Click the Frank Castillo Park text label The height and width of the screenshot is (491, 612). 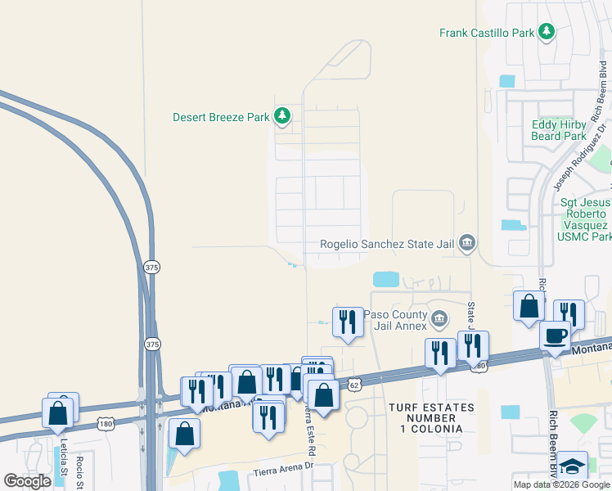(486, 34)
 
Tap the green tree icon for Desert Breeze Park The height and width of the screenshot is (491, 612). (282, 116)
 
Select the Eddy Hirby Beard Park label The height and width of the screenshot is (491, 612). (559, 130)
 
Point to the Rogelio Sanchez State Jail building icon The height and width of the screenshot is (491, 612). (466, 242)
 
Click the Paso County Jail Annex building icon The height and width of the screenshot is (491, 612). (439, 318)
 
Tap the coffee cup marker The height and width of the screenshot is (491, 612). (555, 336)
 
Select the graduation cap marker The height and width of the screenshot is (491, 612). (573, 466)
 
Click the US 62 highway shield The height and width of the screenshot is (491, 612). (353, 383)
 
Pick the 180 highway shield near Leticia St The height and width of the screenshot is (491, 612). (105, 423)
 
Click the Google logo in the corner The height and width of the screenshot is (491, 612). (27, 481)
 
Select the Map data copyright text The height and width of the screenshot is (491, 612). (561, 484)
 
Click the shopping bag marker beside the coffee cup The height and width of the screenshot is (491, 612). (529, 307)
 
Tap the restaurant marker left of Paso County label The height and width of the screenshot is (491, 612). (348, 322)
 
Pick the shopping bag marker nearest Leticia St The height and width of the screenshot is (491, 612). (58, 413)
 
